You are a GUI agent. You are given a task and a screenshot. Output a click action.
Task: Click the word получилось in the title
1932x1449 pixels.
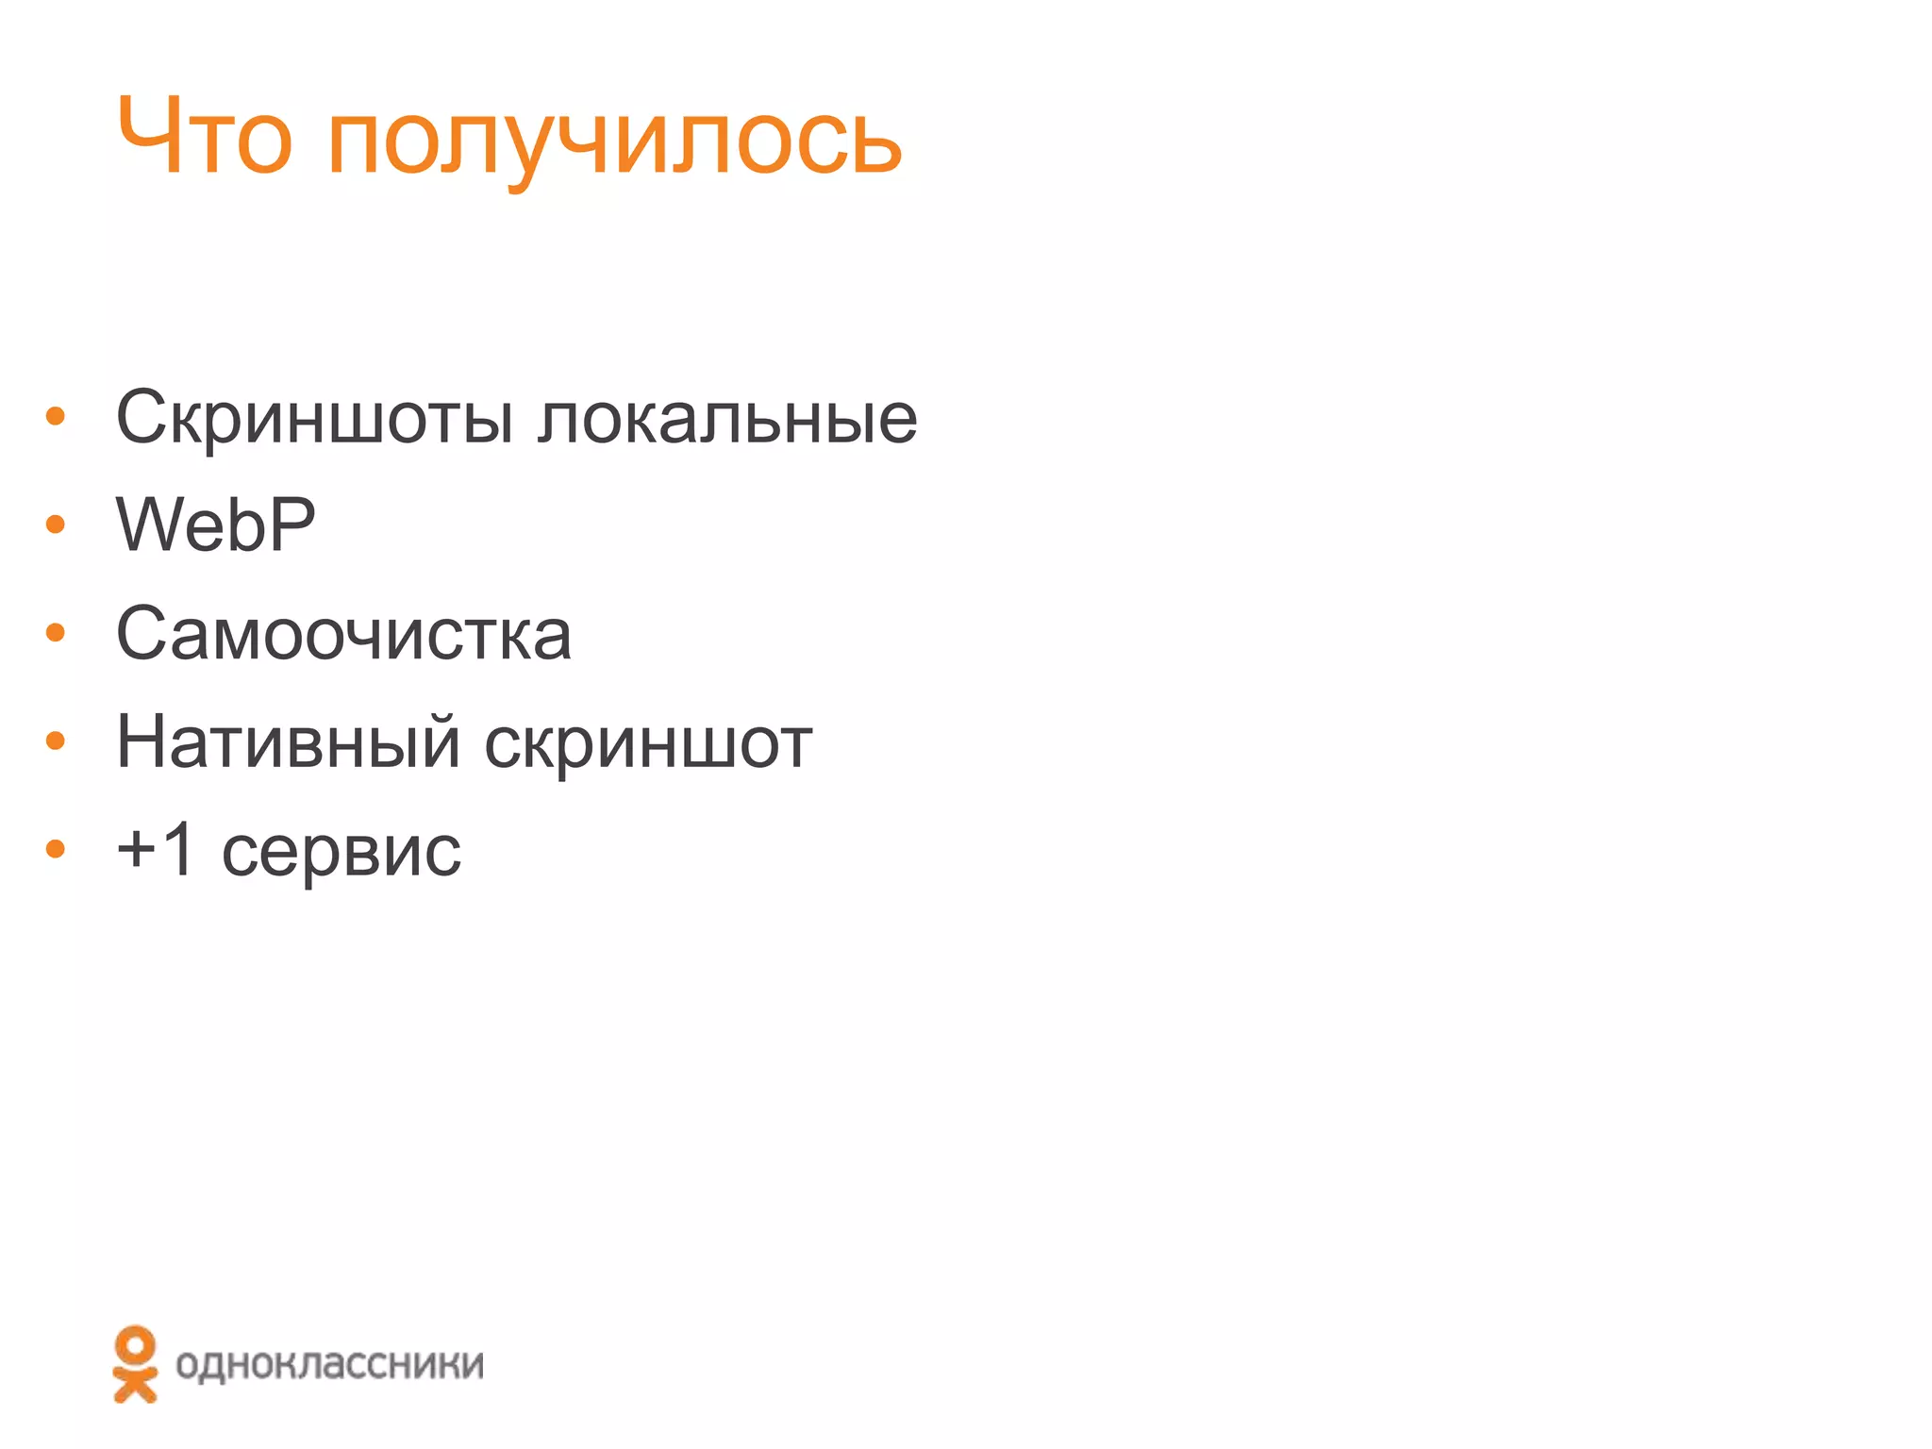pyautogui.click(x=614, y=142)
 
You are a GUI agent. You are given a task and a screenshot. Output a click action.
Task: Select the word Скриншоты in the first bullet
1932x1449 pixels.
pyautogui.click(x=315, y=418)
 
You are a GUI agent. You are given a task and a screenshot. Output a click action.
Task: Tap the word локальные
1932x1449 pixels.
pyautogui.click(x=727, y=418)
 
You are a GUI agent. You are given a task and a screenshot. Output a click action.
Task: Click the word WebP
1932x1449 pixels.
pyautogui.click(x=215, y=525)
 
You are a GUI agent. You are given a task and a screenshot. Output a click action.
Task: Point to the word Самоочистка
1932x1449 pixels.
pyautogui.click(x=343, y=634)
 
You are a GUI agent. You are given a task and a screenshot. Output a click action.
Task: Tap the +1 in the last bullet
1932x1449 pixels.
pyautogui.click(x=156, y=849)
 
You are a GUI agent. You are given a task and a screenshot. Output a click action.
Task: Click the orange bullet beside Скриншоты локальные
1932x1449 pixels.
pyautogui.click(x=56, y=416)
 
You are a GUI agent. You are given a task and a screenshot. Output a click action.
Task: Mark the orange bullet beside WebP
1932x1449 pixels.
pyautogui.click(x=56, y=525)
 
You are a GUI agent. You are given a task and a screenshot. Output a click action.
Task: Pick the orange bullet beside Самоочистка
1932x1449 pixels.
pyautogui.click(x=56, y=633)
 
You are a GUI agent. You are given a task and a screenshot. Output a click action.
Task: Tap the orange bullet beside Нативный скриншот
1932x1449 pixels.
pyautogui.click(x=56, y=741)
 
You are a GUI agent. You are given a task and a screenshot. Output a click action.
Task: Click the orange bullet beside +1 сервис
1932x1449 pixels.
pyautogui.click(x=56, y=850)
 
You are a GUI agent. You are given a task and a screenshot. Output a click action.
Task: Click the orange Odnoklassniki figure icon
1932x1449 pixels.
pyautogui.click(x=135, y=1364)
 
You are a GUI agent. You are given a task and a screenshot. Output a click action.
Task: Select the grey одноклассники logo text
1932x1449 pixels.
pyautogui.click(x=329, y=1364)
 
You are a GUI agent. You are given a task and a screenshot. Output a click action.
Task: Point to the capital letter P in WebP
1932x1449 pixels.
pyautogui.click(x=291, y=525)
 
